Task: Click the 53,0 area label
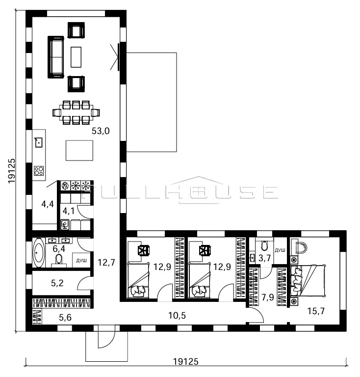coord(101,131)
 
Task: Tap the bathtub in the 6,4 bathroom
coord(39,253)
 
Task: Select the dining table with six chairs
coord(76,112)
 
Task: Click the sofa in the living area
coord(56,57)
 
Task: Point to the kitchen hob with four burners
coord(39,171)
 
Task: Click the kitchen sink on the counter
coord(39,142)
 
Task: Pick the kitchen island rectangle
coord(79,151)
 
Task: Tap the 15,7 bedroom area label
coord(316,311)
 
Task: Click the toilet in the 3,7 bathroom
coord(264,246)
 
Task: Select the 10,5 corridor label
coord(177,316)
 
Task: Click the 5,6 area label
coord(65,318)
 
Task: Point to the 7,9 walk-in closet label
coord(268,297)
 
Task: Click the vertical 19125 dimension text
coord(12,171)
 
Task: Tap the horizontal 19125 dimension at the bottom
coord(186,361)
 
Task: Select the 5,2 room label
coord(57,283)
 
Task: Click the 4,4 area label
coord(48,204)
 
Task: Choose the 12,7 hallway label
coord(106,262)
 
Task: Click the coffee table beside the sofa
coord(76,57)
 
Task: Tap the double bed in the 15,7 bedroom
coord(308,281)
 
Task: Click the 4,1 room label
coord(69,211)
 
